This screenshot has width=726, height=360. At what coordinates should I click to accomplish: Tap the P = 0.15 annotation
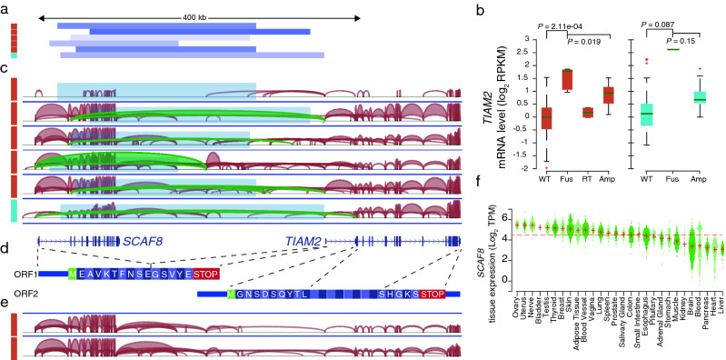[685, 40]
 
